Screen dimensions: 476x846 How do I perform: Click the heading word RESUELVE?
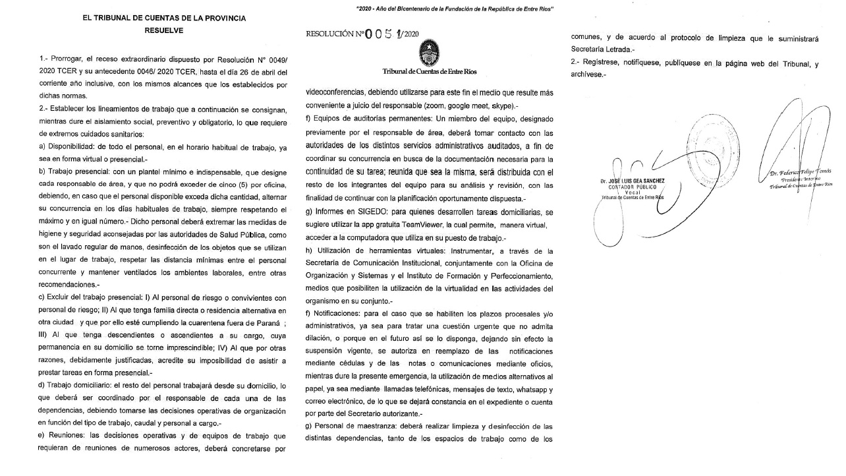(x=164, y=30)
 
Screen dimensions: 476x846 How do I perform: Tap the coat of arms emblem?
(x=431, y=51)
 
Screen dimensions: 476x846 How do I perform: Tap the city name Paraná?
(x=266, y=322)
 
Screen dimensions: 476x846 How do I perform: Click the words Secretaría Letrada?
(x=602, y=50)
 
